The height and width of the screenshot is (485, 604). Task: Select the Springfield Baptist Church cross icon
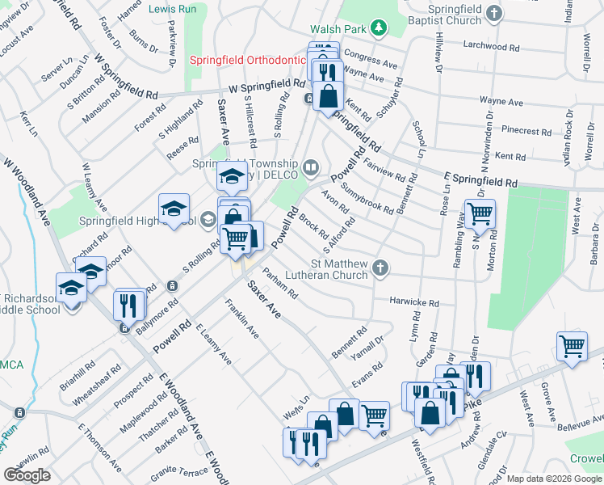[x=497, y=13]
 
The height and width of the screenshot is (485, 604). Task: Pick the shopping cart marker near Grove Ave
[x=572, y=346]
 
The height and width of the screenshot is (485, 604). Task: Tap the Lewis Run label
[x=172, y=9]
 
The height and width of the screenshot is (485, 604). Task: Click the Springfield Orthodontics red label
[x=246, y=61]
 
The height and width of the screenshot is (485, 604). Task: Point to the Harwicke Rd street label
[x=413, y=302]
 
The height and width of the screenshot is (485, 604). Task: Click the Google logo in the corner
[x=27, y=475]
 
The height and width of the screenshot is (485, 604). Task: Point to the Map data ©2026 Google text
[x=554, y=479]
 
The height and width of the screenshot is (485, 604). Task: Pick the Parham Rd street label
[x=280, y=285]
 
